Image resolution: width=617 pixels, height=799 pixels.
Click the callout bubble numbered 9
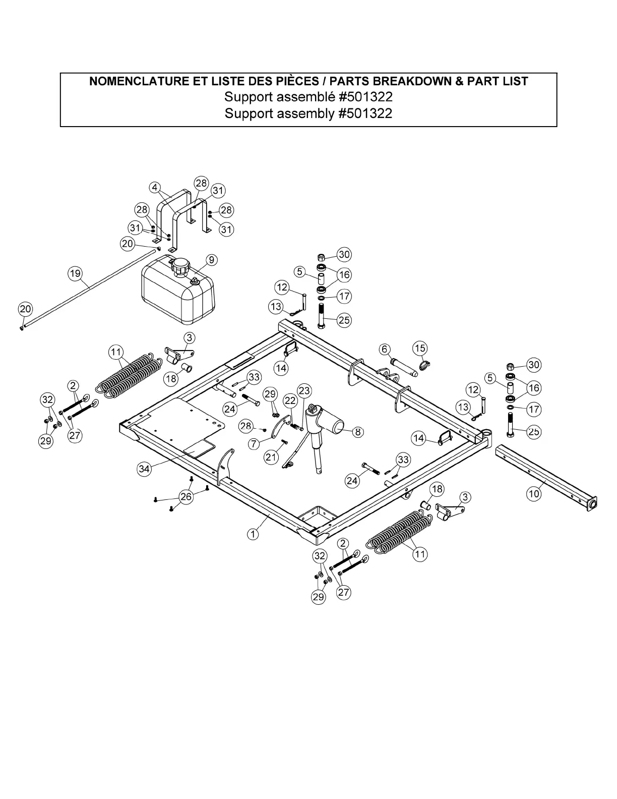(x=212, y=260)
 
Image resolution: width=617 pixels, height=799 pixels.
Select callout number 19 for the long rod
(x=75, y=274)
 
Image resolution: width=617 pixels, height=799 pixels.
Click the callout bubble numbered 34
(x=144, y=469)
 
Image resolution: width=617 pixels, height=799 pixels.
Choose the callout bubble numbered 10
(x=534, y=494)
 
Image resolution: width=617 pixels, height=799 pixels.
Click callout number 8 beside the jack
(x=357, y=432)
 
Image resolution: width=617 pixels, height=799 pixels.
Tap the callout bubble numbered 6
(x=385, y=349)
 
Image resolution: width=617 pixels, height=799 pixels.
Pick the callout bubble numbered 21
(x=271, y=457)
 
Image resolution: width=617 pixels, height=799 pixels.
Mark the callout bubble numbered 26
(x=186, y=497)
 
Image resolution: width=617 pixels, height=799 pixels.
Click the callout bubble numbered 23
(x=304, y=390)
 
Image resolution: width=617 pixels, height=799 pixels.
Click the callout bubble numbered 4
(x=155, y=187)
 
